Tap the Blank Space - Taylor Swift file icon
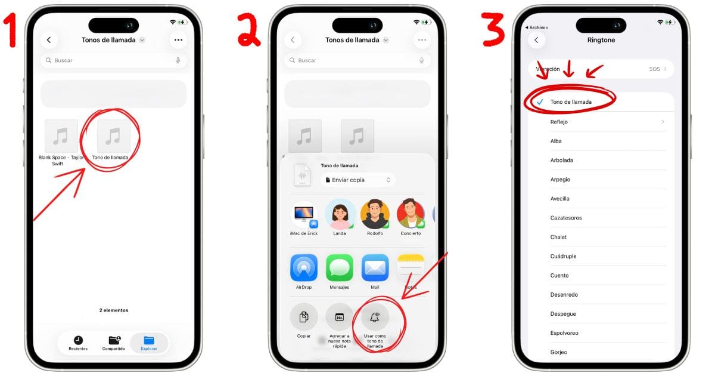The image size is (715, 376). click(61, 136)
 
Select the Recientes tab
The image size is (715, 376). click(78, 343)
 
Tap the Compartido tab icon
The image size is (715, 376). click(113, 339)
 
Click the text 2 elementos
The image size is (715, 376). click(113, 310)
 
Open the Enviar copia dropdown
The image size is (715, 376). click(357, 180)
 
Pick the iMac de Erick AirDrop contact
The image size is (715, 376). click(304, 215)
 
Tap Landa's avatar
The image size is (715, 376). click(340, 214)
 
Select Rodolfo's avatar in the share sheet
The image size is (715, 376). click(375, 214)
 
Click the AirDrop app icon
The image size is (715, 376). click(304, 268)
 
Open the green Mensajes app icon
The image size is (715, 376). click(340, 268)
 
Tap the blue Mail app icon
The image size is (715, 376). click(375, 268)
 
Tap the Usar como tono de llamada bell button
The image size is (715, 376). click(375, 318)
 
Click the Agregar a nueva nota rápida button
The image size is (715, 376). click(340, 318)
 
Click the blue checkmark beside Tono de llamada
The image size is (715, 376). click(539, 102)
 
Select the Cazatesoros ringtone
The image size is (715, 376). click(566, 218)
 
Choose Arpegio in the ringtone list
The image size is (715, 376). click(560, 179)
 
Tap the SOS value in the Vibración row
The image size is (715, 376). click(654, 69)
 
